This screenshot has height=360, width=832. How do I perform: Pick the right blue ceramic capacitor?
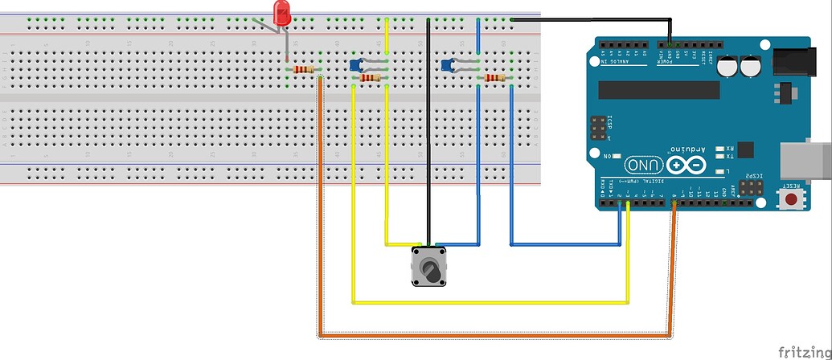[448, 64]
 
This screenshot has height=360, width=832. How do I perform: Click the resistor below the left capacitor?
[371, 78]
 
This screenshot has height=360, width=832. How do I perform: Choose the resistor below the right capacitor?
[494, 78]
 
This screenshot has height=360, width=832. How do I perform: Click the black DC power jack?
[801, 61]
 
